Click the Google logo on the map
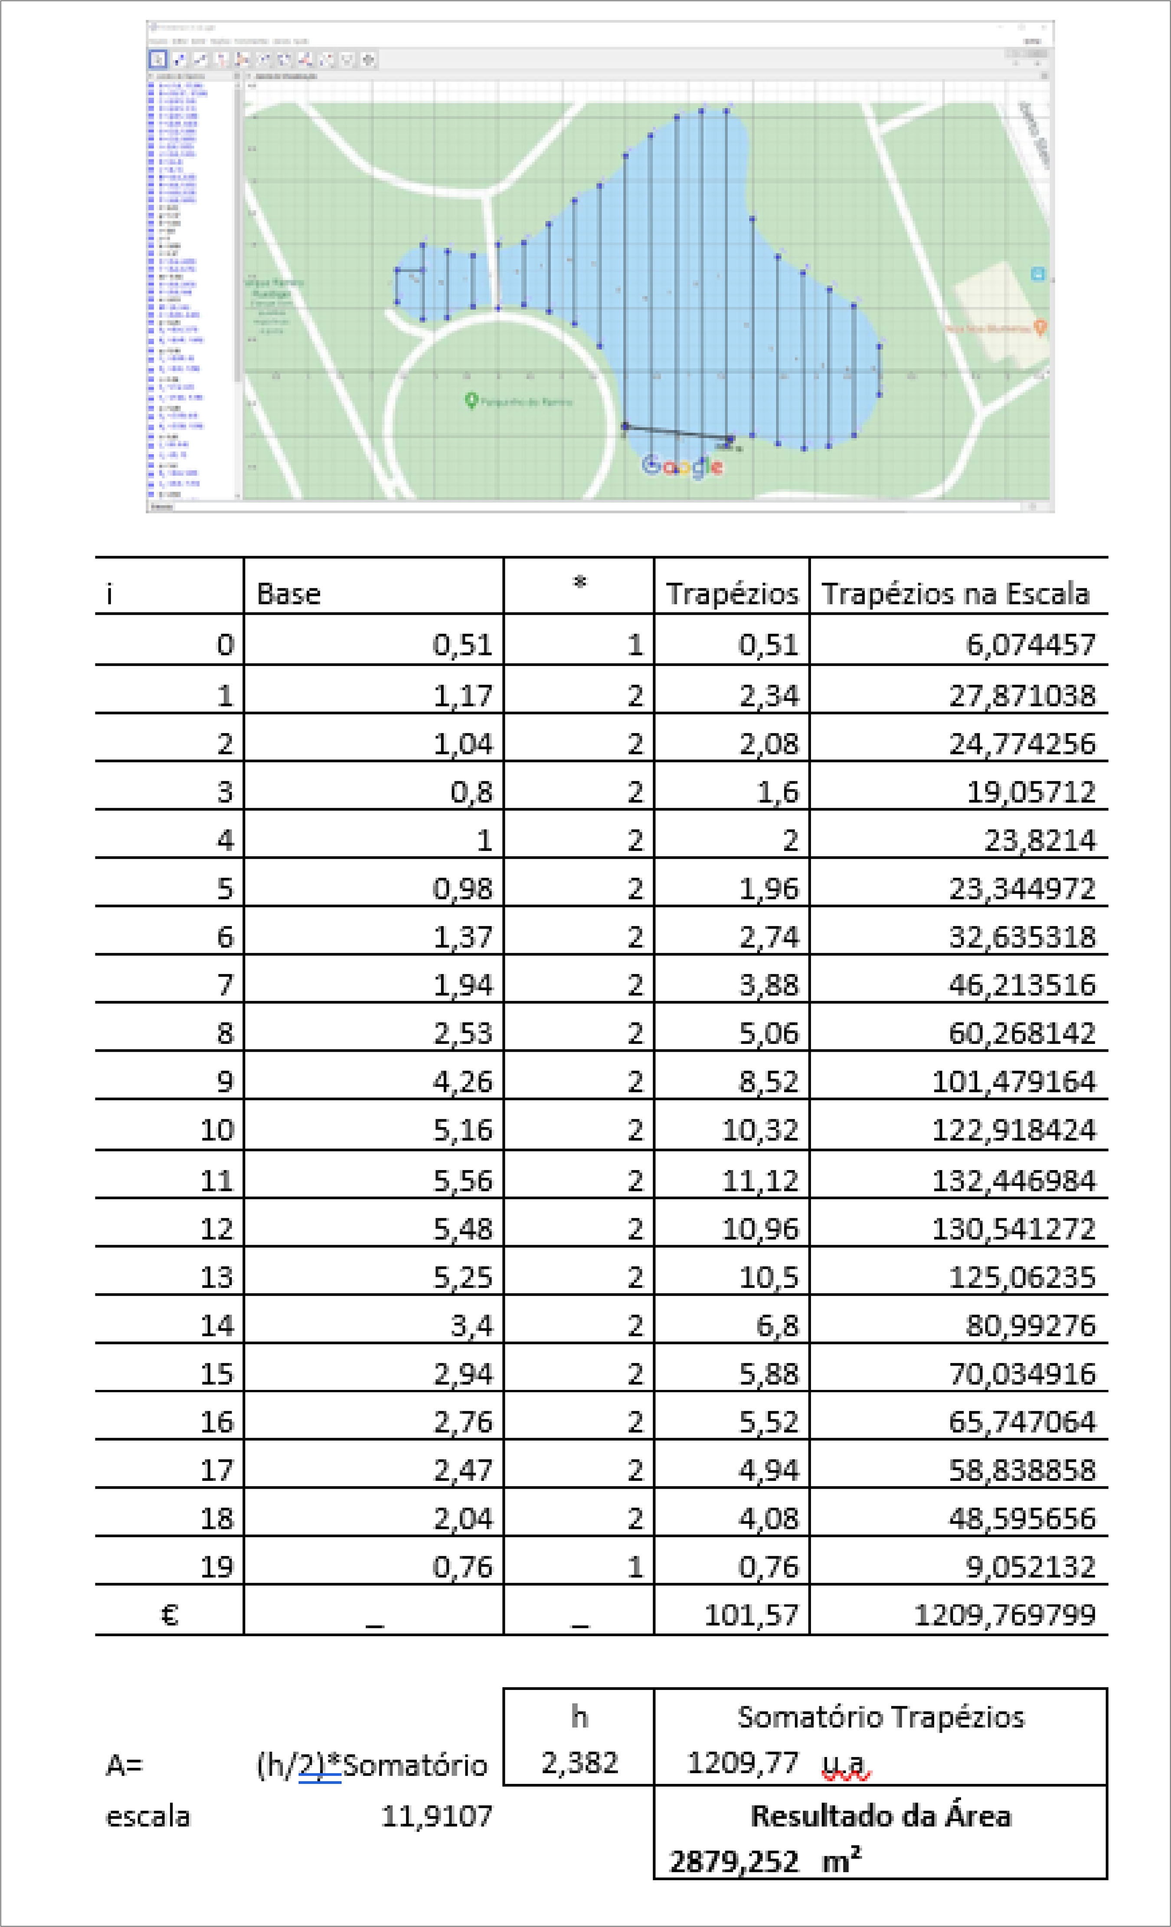coord(682,466)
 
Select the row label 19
coord(217,1567)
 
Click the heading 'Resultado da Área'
coord(881,1816)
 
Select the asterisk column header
coord(579,583)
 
